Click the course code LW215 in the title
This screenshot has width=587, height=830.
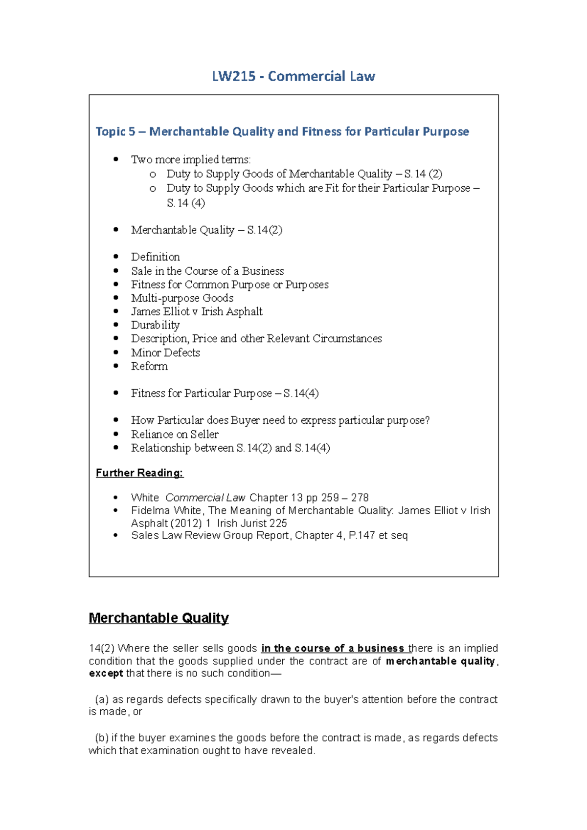(233, 76)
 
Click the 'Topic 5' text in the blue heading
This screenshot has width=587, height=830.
(115, 131)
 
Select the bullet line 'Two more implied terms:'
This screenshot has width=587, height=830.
(190, 159)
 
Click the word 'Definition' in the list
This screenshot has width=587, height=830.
(155, 257)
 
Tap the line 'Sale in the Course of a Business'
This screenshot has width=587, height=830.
(207, 271)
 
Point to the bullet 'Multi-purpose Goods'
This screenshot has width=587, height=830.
(182, 298)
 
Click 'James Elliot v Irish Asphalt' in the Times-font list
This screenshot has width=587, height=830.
(197, 311)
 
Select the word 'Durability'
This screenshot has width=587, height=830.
(155, 325)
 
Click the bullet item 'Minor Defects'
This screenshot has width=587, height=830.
(165, 352)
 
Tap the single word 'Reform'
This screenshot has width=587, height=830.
(149, 366)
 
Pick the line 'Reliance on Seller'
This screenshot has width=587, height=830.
(175, 434)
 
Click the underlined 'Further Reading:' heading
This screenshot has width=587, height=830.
(139, 473)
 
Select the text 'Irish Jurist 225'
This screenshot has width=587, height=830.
(252, 523)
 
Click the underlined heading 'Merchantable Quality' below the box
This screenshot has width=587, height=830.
(158, 618)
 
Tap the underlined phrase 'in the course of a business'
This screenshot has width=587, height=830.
(333, 648)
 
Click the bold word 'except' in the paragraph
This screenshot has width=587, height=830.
(106, 674)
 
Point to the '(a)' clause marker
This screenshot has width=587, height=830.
(101, 699)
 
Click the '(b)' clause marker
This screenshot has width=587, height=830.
(101, 738)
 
